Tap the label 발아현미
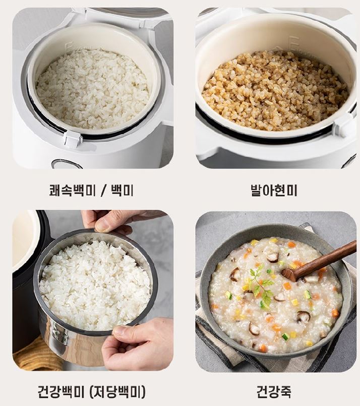click(274, 190)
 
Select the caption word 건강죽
click(274, 392)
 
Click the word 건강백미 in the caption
click(62, 392)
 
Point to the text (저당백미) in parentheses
click(117, 392)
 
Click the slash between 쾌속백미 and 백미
click(103, 191)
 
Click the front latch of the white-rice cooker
click(73, 139)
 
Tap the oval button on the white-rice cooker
click(66, 164)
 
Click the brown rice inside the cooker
click(275, 91)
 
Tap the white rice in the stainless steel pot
click(95, 285)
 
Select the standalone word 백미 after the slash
click(122, 190)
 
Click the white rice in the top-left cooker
click(92, 89)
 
